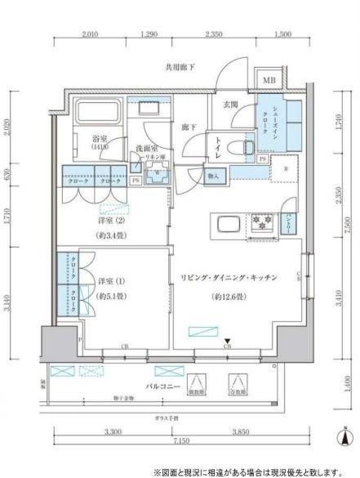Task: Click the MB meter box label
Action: coord(269,80)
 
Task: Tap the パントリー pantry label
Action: coord(290,222)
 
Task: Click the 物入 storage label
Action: coord(212,175)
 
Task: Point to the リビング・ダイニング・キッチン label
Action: coord(228,279)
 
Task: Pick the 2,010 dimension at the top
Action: coord(91,35)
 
